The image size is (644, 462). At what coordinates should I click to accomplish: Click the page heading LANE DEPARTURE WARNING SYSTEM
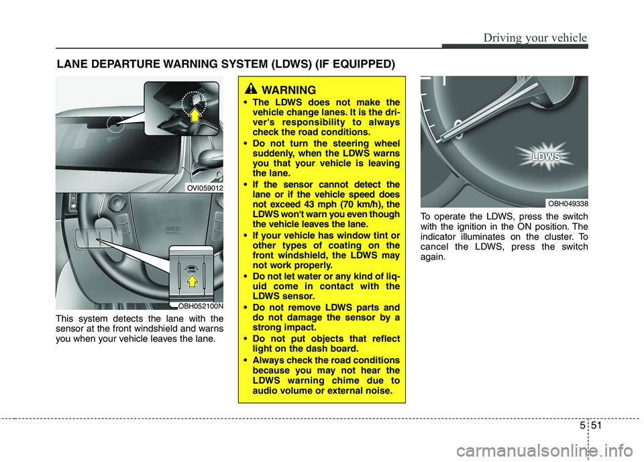225,64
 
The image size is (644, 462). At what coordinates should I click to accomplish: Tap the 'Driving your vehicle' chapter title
534,38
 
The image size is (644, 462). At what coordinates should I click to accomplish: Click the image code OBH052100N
200,305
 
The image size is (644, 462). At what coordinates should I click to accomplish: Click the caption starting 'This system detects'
140,329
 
